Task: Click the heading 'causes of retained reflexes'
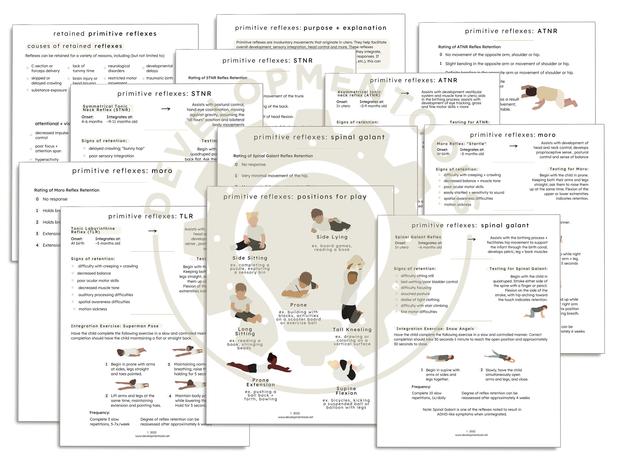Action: point(75,46)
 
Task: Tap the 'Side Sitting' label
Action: point(250,258)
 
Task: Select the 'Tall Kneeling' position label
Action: point(352,329)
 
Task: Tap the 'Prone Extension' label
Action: point(261,382)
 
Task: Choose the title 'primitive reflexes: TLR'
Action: point(151,216)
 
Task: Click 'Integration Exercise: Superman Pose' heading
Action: point(115,326)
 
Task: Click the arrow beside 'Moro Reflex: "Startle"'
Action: point(513,146)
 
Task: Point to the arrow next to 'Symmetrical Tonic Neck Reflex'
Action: point(166,109)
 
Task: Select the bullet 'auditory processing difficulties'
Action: point(105,295)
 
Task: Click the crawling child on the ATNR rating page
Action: point(549,97)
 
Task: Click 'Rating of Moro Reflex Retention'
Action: point(67,190)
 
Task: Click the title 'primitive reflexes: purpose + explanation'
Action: point(310,28)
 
